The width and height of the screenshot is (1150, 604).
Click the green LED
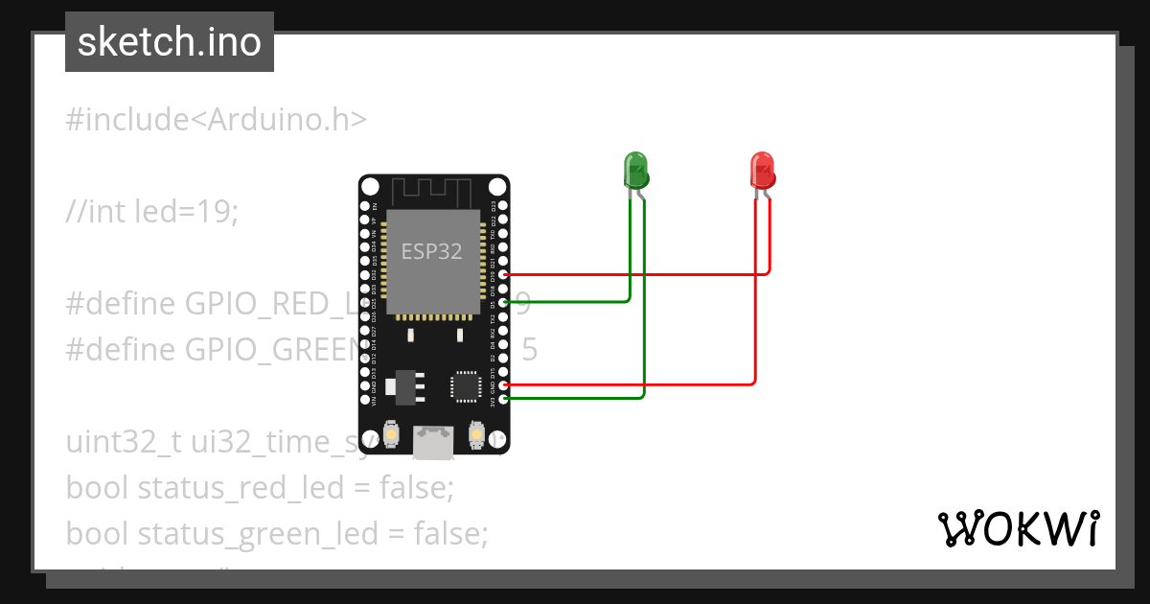(635, 170)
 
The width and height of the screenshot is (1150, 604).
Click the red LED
(761, 170)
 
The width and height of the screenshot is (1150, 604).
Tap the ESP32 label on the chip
(431, 252)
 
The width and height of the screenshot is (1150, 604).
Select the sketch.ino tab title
(170, 42)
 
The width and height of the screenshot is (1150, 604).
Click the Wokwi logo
(1018, 528)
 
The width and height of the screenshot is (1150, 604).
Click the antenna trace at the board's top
(433, 192)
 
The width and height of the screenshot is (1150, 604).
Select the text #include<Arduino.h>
(216, 120)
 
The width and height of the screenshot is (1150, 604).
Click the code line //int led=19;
(151, 211)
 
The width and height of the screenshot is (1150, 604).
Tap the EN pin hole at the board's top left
(364, 206)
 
